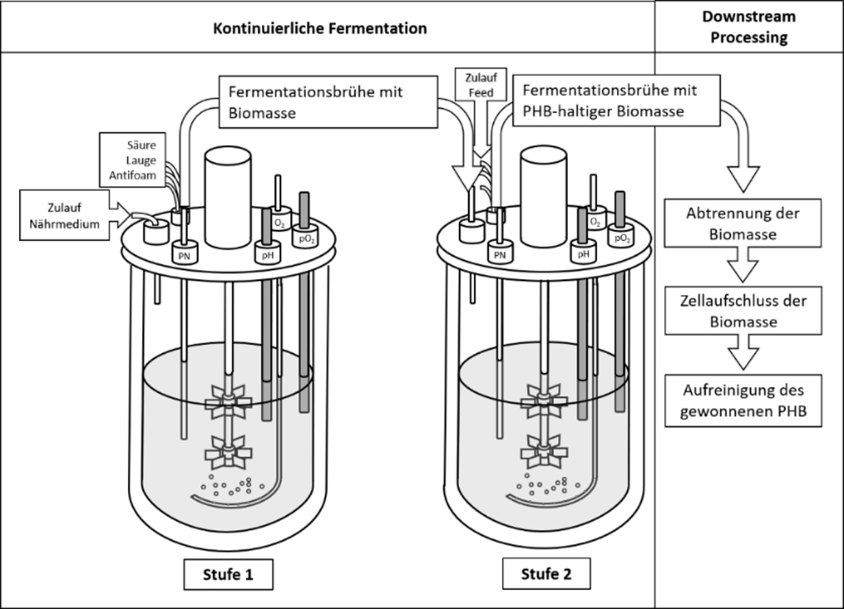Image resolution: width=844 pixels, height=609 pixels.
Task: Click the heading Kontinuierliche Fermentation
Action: click(320, 29)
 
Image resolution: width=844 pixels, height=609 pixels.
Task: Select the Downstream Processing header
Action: click(749, 27)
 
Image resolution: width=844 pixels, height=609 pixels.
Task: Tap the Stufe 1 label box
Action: click(228, 574)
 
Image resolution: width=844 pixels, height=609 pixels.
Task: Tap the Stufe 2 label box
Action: click(546, 574)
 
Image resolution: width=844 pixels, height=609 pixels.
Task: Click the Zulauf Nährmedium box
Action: click(65, 215)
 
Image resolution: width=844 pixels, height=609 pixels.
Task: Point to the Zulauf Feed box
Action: click(481, 85)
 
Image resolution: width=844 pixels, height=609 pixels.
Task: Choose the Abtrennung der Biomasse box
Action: click(743, 223)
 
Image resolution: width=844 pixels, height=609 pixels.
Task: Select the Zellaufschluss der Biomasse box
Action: click(743, 311)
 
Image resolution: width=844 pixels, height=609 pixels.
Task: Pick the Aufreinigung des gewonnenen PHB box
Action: click(743, 401)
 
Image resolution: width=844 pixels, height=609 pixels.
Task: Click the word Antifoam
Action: click(133, 175)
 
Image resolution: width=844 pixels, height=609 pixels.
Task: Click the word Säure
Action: click(141, 145)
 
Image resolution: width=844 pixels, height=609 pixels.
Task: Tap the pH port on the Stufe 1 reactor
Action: click(267, 252)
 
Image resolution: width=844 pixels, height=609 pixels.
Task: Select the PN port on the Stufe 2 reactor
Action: click(500, 252)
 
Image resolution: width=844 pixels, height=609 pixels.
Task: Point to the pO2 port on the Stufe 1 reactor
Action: click(306, 236)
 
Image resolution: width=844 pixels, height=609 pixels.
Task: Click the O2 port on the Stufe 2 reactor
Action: click(595, 218)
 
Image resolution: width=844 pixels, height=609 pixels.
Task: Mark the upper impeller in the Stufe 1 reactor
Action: click(228, 402)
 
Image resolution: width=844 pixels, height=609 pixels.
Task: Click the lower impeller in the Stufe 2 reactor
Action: click(544, 452)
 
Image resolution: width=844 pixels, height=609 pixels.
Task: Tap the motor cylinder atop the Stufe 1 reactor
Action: click(228, 197)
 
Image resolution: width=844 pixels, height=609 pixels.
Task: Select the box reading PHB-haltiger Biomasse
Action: click(616, 100)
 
